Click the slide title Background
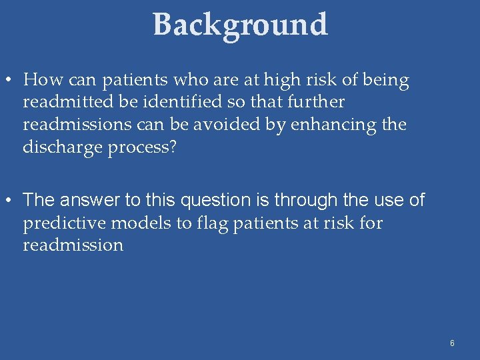point(240,25)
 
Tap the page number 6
point(452,343)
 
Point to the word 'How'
point(39,81)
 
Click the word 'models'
point(136,223)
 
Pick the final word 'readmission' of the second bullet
point(73,245)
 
